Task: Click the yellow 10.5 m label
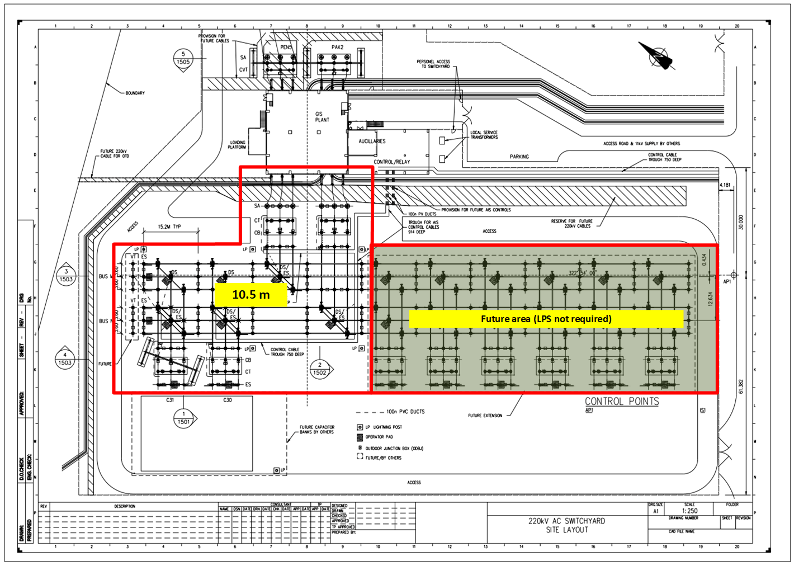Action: [251, 294]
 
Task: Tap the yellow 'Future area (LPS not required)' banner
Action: [546, 319]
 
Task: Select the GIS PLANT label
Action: [322, 117]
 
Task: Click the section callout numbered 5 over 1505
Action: [183, 59]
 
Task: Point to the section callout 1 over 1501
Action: [183, 418]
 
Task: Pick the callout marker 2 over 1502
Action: [320, 369]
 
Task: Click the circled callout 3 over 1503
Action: [66, 276]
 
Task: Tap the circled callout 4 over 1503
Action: [65, 359]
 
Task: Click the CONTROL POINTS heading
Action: [622, 402]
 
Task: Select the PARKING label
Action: [519, 157]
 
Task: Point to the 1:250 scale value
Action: [689, 511]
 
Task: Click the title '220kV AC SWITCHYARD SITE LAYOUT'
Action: [567, 525]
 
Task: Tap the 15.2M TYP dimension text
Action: [169, 227]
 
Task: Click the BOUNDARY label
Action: [135, 93]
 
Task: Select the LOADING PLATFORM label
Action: [237, 145]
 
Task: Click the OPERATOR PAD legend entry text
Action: [379, 437]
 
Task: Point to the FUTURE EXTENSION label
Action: [485, 416]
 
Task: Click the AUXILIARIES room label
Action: [372, 141]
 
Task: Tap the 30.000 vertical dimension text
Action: [741, 222]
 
